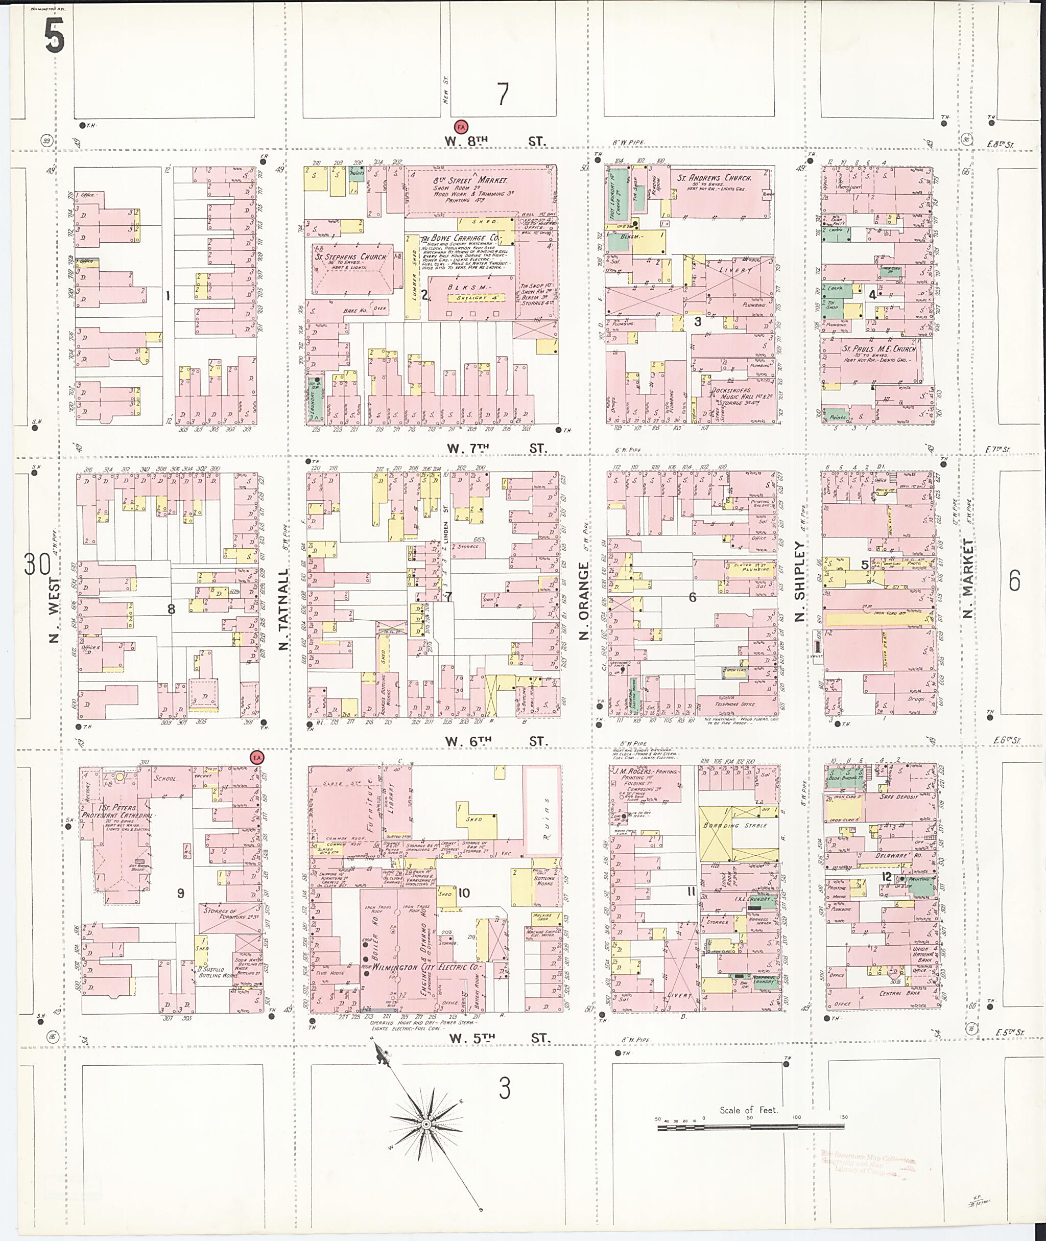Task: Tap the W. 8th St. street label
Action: coord(494,141)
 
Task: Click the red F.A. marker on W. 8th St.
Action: coord(461,126)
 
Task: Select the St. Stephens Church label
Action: coord(350,257)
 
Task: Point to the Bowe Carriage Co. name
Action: coord(460,238)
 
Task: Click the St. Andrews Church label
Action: coord(714,177)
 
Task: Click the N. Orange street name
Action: coord(584,601)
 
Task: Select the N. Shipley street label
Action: coord(799,581)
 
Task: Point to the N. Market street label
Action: coord(968,578)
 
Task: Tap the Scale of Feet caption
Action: coord(748,1110)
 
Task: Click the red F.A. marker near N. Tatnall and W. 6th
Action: coord(257,758)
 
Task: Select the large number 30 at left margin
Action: coord(37,564)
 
